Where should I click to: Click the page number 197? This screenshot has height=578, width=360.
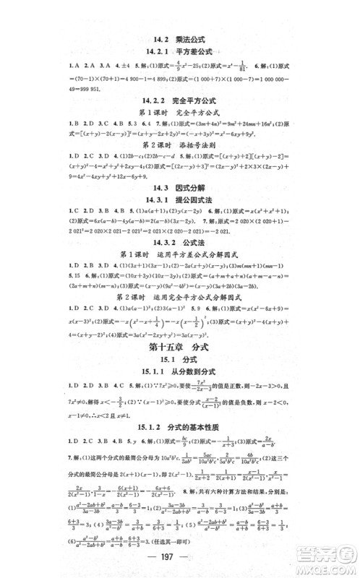click(180, 562)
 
